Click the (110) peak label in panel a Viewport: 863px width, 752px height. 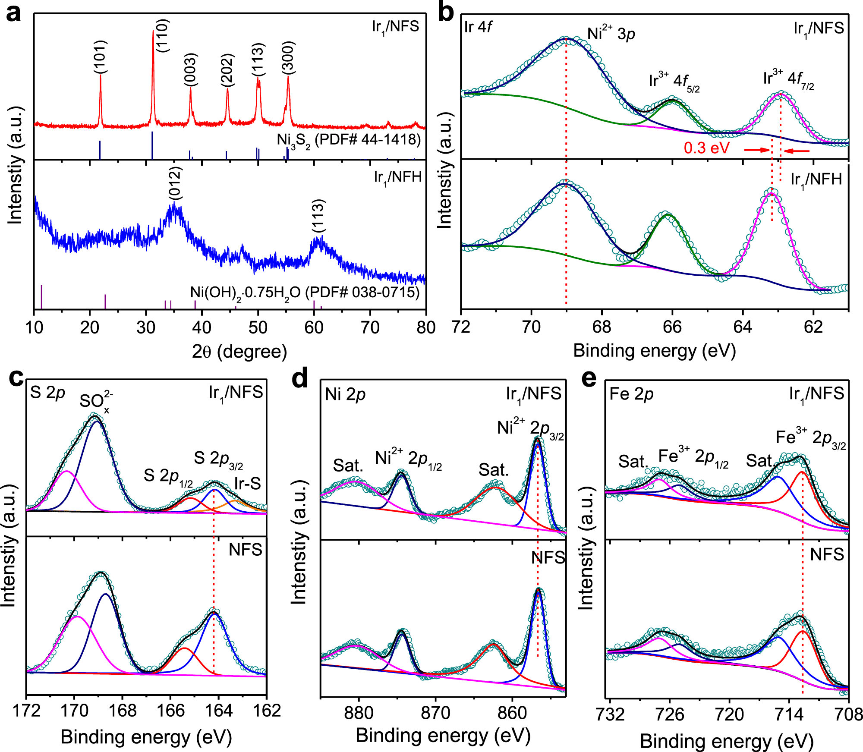click(163, 36)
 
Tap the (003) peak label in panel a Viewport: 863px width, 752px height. click(190, 69)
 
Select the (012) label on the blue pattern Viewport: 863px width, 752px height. click(175, 184)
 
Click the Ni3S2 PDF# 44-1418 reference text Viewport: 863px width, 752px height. click(349, 140)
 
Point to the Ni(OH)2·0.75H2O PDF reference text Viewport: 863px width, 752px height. click(305, 293)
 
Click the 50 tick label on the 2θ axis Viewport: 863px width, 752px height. click(258, 328)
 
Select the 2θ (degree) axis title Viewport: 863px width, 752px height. click(239, 352)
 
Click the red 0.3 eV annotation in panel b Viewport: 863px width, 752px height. click(706, 148)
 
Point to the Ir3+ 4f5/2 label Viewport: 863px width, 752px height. click(674, 82)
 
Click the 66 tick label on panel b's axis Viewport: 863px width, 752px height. click(672, 327)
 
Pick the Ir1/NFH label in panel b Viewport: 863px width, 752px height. click(816, 179)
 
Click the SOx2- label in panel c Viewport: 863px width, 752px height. click(96, 401)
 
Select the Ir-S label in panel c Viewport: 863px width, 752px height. click(248, 484)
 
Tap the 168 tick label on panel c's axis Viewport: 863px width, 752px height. click(123, 711)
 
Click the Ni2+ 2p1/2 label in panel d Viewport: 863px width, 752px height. click(408, 459)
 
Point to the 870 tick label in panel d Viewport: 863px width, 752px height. click(435, 713)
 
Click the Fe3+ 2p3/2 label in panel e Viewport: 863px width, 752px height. click(810, 438)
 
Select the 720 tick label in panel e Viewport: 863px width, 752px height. click(729, 715)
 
